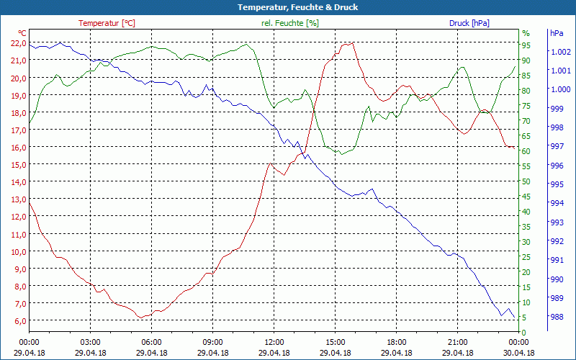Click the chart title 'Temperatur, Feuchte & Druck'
point(287,7)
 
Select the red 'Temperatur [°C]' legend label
point(107,23)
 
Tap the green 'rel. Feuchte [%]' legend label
point(289,23)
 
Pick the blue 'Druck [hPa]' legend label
point(469,23)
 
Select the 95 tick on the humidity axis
point(526,45)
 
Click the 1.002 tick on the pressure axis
point(560,52)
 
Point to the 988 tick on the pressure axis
point(557,317)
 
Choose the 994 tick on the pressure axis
point(557,203)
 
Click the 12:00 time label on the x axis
point(274,343)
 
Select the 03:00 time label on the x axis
point(90,343)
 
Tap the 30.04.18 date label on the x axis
point(518,353)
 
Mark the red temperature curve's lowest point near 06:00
point(143,317)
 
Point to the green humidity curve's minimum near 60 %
point(342,154)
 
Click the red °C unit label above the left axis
point(22,33)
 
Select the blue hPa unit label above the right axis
point(557,33)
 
